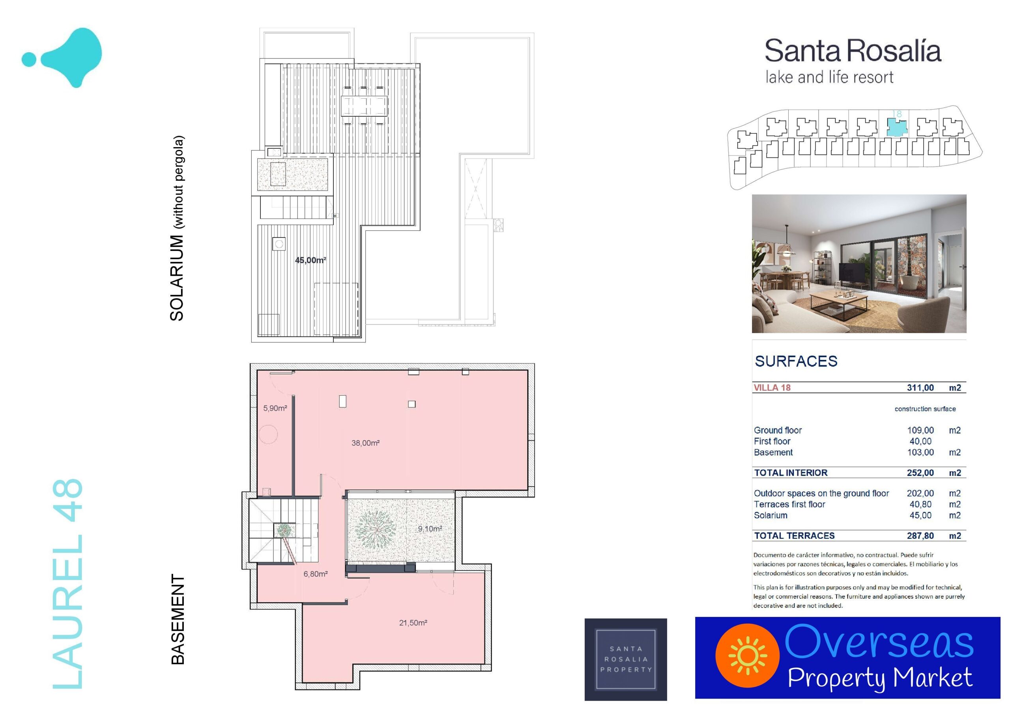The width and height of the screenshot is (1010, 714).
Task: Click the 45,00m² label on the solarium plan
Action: (x=310, y=260)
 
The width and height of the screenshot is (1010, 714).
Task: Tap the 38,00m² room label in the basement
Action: (x=365, y=443)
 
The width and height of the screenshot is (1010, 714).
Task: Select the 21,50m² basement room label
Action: (x=413, y=622)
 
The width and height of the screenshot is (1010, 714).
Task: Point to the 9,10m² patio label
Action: (x=430, y=529)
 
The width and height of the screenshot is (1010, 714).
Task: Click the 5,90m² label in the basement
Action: (x=275, y=408)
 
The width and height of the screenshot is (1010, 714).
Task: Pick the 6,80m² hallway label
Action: (x=315, y=574)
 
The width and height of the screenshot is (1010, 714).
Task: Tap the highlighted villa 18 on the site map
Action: (x=896, y=127)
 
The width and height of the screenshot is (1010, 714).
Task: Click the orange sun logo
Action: (x=747, y=656)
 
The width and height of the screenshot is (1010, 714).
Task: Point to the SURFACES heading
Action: (x=796, y=361)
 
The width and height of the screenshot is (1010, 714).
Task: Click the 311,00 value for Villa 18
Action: (x=920, y=388)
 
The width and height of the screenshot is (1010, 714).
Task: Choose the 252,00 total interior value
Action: (x=920, y=473)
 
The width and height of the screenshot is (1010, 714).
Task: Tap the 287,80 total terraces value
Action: (x=920, y=536)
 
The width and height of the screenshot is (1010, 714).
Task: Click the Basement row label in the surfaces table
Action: (x=773, y=452)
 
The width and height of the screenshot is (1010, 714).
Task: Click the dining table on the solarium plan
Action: (x=364, y=106)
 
